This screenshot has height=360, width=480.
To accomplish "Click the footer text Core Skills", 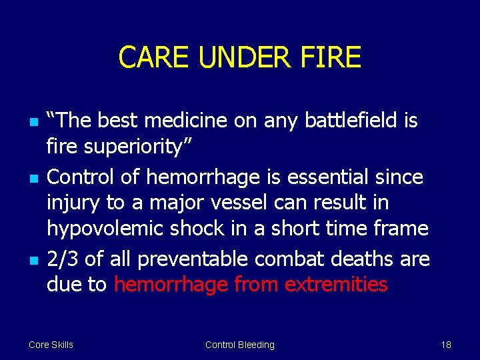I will (x=51, y=345).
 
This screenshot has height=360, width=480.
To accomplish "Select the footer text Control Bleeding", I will (x=239, y=345).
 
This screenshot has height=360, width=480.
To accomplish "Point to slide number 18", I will (x=446, y=345).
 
